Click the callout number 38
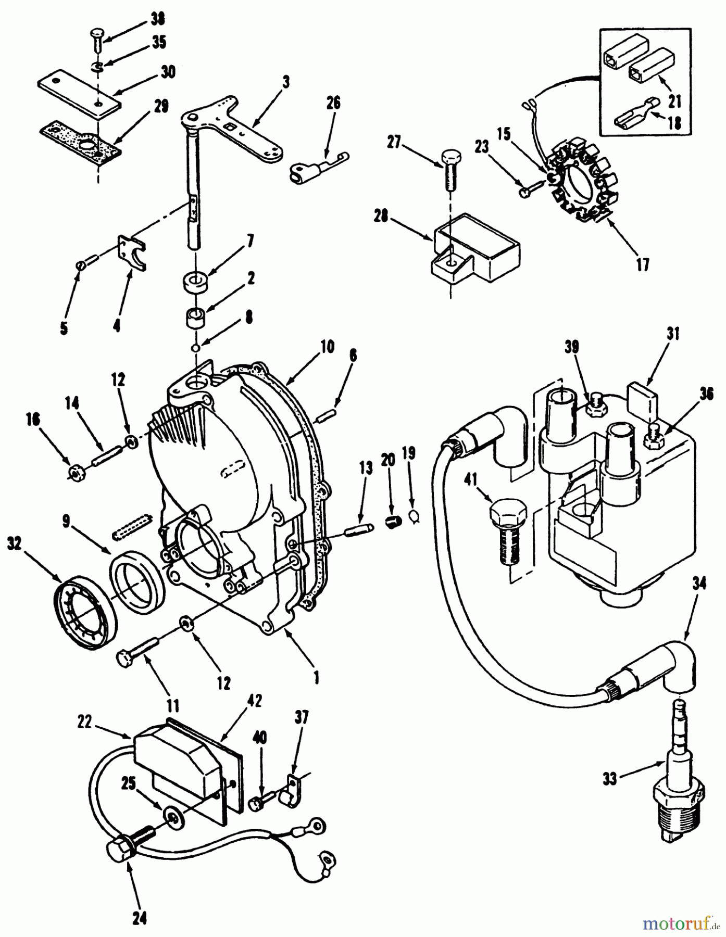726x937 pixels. [156, 20]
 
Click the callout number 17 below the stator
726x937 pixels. [643, 264]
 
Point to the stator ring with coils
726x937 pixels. [578, 180]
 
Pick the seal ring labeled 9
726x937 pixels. [137, 581]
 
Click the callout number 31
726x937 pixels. [673, 334]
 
